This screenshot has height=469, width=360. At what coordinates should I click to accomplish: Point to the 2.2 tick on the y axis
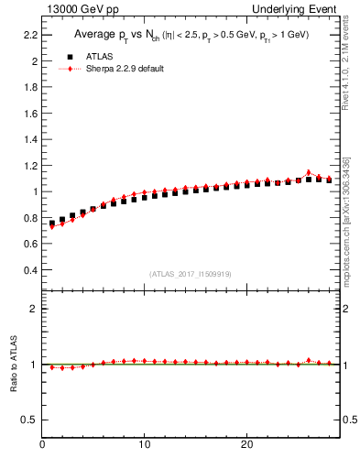pyautogui.click(x=30, y=35)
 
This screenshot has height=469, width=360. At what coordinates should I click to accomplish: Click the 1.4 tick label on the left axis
pyautogui.click(x=30, y=140)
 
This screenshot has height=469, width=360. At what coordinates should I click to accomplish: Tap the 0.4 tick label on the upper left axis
pyautogui.click(x=30, y=271)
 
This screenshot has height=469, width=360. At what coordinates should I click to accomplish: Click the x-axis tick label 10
pyautogui.click(x=145, y=445)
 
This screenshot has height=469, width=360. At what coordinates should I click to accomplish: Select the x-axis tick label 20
pyautogui.click(x=246, y=445)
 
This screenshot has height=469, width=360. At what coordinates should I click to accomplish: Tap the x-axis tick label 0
pyautogui.click(x=43, y=445)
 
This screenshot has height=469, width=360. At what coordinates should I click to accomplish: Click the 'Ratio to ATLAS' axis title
pyautogui.click(x=15, y=365)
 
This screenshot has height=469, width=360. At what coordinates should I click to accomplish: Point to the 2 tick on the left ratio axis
pyautogui.click(x=34, y=310)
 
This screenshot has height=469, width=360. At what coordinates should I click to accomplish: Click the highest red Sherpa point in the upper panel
pyautogui.click(x=309, y=172)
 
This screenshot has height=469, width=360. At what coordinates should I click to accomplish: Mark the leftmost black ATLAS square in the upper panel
pyautogui.click(x=52, y=223)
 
